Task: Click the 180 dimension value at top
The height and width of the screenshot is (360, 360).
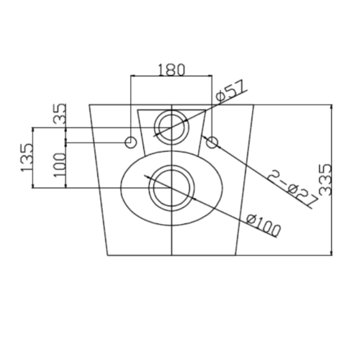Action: [x=171, y=70]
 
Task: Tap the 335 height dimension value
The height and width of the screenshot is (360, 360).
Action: [x=325, y=179]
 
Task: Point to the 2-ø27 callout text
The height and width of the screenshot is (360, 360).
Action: [x=292, y=189]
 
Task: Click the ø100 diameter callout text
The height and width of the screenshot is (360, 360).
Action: [x=264, y=225]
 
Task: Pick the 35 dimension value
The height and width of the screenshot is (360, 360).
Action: [x=60, y=113]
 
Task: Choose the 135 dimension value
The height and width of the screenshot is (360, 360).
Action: [x=27, y=158]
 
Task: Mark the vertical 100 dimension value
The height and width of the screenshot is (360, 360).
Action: [x=60, y=165]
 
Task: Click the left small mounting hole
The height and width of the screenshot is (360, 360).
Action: [x=131, y=143]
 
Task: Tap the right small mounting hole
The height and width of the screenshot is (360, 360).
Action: [x=212, y=143]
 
